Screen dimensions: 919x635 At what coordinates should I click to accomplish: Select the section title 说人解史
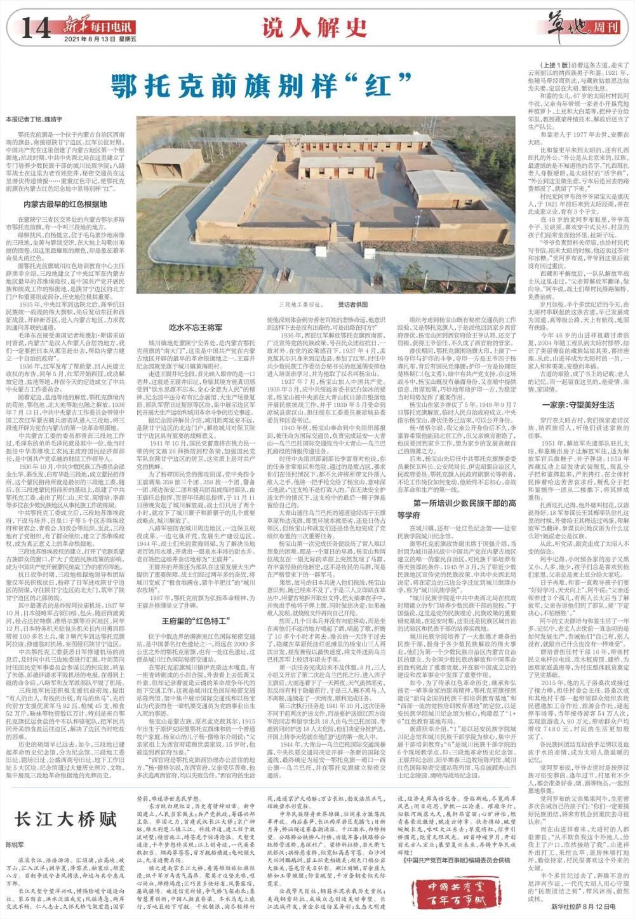316,28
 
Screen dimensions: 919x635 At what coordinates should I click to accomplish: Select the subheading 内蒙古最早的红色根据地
65,204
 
